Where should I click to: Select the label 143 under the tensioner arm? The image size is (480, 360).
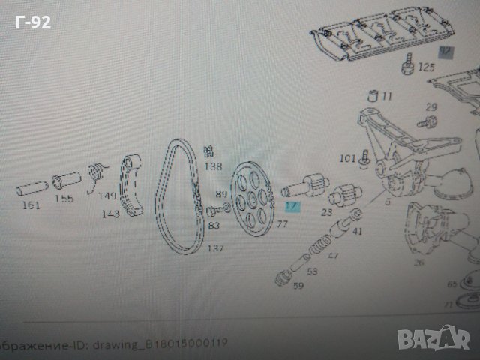112,214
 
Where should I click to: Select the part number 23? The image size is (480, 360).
327,212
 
